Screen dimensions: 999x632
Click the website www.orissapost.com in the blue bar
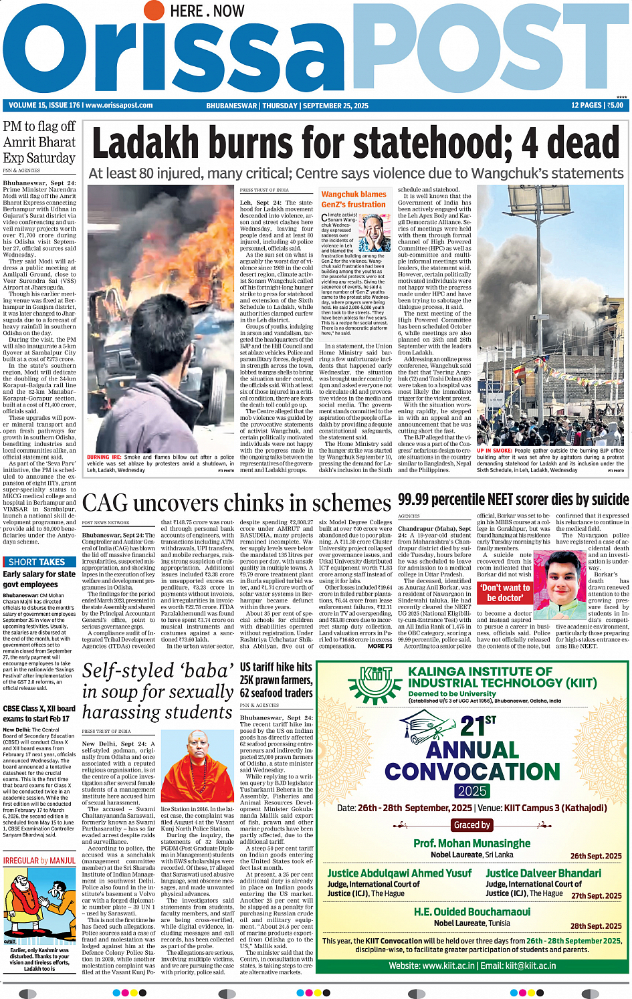coord(120,106)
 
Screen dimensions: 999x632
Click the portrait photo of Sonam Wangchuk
coord(375,233)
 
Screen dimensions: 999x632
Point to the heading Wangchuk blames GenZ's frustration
coord(354,199)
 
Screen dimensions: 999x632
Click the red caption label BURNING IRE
coord(104,457)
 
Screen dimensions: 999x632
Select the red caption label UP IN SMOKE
coord(494,451)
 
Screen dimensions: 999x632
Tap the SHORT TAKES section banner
coord(37,562)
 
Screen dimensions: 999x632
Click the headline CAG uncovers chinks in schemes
coord(236,503)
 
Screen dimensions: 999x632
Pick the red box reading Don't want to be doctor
coord(505,592)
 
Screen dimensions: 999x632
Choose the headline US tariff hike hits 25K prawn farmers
coord(276,679)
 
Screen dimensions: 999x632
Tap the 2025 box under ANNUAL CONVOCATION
coord(472,791)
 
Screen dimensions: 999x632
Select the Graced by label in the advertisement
coord(472,825)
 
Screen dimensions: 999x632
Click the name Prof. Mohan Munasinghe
coord(471,844)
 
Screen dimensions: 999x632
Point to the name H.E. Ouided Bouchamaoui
coord(471,912)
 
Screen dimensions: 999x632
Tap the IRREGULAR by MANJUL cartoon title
coord(39,861)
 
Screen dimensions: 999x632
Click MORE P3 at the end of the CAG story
coord(380,646)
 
